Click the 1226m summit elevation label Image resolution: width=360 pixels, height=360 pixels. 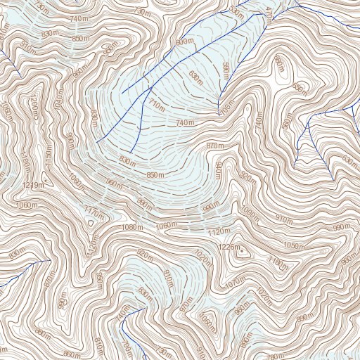[x=229, y=247]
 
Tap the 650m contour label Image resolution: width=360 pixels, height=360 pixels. [x=300, y=89]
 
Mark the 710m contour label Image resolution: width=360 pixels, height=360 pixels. [x=155, y=106]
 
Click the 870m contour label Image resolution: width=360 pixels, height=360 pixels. [x=214, y=146]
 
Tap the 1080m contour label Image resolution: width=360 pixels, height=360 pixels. [x=133, y=227]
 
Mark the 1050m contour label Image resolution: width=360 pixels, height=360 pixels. [x=295, y=246]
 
